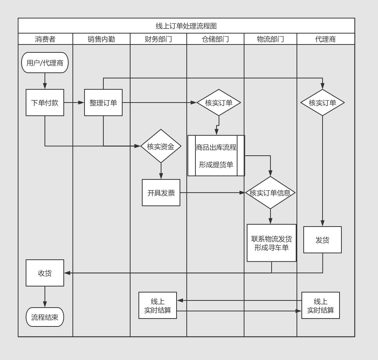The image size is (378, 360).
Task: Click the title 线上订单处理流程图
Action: tap(186, 26)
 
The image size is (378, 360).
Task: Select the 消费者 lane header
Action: tap(45, 39)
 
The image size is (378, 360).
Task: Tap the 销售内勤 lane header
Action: tap(101, 39)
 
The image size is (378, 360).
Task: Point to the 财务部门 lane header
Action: tap(158, 39)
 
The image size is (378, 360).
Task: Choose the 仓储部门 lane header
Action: tap(215, 39)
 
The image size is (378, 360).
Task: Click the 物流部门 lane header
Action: tap(270, 39)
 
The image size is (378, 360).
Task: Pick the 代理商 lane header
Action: tap(326, 39)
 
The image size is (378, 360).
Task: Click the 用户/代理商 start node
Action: tap(45, 63)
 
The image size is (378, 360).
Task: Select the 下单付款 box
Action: tap(45, 103)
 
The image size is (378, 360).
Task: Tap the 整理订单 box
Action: tap(103, 103)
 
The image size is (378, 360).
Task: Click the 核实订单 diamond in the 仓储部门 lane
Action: tap(219, 103)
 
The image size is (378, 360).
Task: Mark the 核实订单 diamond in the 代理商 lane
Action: tap(323, 103)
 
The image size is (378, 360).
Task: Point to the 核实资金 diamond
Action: tap(161, 146)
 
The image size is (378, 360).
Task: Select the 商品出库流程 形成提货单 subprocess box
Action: tap(216, 156)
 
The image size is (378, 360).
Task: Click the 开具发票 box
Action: tap(161, 193)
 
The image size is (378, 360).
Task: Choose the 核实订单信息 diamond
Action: tap(270, 193)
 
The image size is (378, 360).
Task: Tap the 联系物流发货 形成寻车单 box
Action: tap(272, 243)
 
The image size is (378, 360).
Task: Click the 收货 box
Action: tap(45, 273)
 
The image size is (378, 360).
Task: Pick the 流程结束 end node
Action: tap(45, 317)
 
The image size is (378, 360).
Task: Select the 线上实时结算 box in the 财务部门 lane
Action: tap(158, 305)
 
